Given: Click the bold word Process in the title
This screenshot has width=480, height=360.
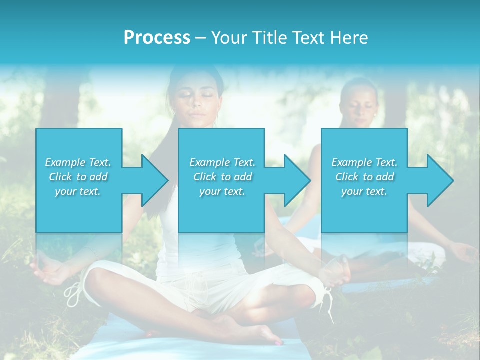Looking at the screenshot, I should pyautogui.click(x=157, y=38).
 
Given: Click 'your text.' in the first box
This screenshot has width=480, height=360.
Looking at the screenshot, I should pyautogui.click(x=78, y=191).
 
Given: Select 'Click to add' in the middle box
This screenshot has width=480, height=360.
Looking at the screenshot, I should pyautogui.click(x=222, y=177).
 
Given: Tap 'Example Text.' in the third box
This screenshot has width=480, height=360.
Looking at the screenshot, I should pyautogui.click(x=364, y=162).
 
